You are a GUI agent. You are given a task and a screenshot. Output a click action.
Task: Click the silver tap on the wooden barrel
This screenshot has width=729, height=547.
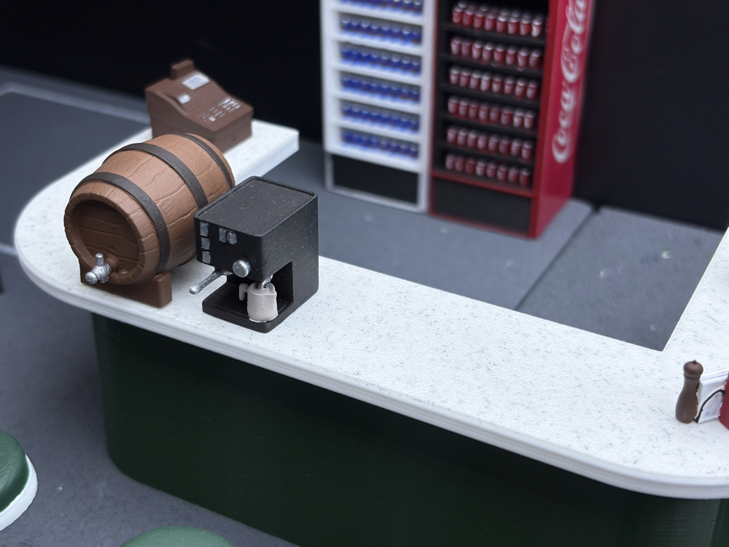pos(98,269)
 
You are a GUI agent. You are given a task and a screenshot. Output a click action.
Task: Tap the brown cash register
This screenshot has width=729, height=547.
pos(199,106)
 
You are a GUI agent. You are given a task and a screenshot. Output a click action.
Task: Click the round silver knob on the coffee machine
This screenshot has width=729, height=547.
pos(241,268)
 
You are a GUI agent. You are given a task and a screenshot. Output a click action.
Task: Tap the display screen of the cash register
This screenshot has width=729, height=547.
pos(195,82)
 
